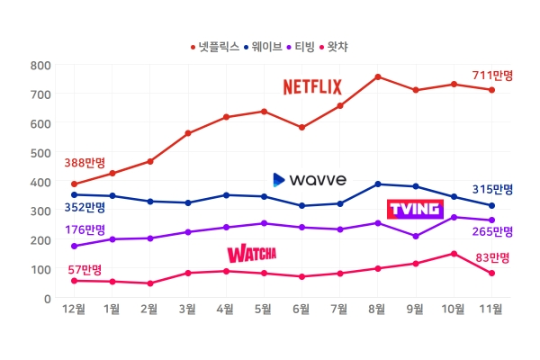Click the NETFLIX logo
point(312,86)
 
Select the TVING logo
point(415,209)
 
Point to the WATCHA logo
point(251,253)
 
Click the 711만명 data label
point(492,75)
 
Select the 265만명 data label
point(492,231)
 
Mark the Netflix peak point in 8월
point(378,76)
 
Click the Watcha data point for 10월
point(454,254)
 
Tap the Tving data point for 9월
point(416,236)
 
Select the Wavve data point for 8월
point(378,184)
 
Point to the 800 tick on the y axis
point(40,65)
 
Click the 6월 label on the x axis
point(302,310)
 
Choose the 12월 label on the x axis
point(74,310)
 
